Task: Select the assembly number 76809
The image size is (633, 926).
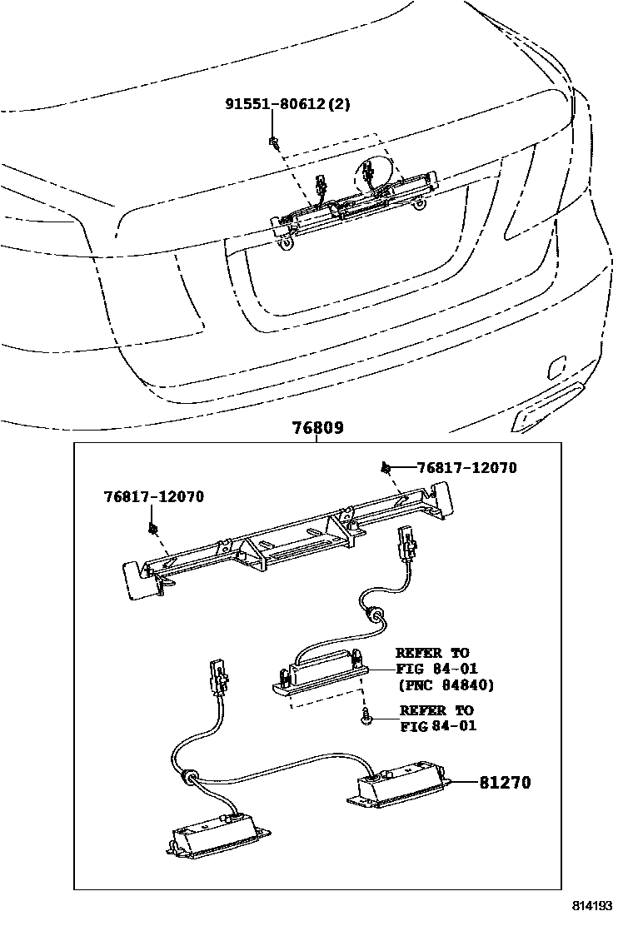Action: tap(317, 428)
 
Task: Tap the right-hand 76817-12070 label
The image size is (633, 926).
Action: tap(466, 468)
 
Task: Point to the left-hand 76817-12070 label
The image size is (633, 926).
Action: tap(153, 496)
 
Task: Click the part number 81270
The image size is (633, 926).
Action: tap(505, 783)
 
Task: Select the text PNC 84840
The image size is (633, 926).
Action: tap(447, 685)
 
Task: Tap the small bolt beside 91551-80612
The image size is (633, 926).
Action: tap(273, 142)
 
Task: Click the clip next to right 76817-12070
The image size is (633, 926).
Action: tap(387, 468)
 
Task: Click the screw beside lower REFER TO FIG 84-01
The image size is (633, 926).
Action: tap(366, 715)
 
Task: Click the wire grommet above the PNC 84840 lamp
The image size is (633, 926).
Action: tap(377, 616)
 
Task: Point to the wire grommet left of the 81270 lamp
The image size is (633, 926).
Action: tap(191, 778)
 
